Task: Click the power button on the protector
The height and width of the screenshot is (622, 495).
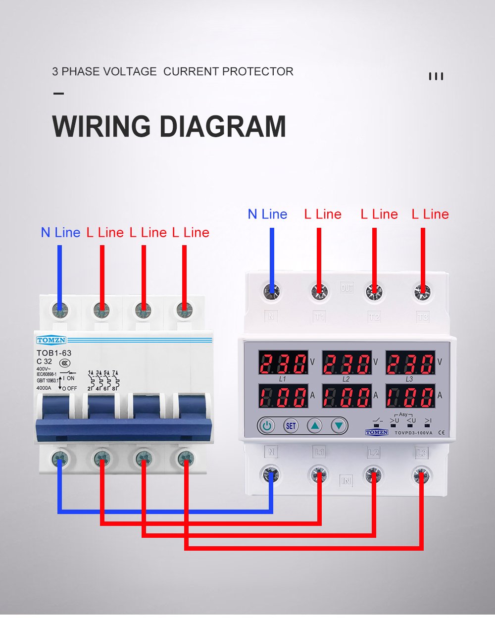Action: pyautogui.click(x=266, y=425)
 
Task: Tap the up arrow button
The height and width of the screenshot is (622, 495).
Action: pyautogui.click(x=315, y=425)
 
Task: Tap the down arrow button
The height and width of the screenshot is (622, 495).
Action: pyautogui.click(x=339, y=425)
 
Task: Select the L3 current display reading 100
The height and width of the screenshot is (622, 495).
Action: pyautogui.click(x=410, y=396)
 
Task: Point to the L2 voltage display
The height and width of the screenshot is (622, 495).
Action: pyautogui.click(x=346, y=363)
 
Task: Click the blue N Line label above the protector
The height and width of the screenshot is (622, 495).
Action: pyautogui.click(x=267, y=214)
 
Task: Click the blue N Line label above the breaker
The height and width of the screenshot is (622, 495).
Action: pyautogui.click(x=60, y=232)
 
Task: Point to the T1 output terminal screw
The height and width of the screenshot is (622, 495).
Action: pyautogui.click(x=320, y=292)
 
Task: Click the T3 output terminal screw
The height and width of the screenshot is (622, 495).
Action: pyautogui.click(x=422, y=292)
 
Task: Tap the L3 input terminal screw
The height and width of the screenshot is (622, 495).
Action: pyautogui.click(x=422, y=476)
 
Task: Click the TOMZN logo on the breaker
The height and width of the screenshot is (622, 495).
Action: pyautogui.click(x=50, y=340)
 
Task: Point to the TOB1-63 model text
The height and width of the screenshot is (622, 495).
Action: pyautogui.click(x=54, y=353)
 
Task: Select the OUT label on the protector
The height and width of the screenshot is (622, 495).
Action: pyautogui.click(x=347, y=288)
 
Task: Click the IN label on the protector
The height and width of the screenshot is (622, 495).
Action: pyautogui.click(x=346, y=480)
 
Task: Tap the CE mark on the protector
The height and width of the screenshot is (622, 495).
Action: pyautogui.click(x=442, y=432)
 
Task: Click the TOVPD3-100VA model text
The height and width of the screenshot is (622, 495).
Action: pyautogui.click(x=413, y=433)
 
